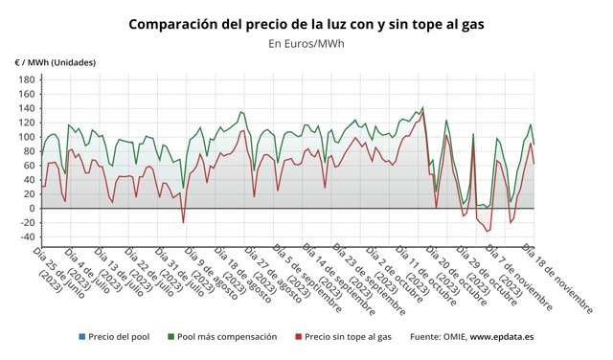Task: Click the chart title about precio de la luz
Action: pyautogui.click(x=306, y=23)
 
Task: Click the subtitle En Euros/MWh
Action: pyautogui.click(x=306, y=43)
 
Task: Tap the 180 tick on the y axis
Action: pyautogui.click(x=27, y=79)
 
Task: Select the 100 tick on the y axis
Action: pyautogui.click(x=27, y=137)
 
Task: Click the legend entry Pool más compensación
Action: pyautogui.click(x=227, y=337)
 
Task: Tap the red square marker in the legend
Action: pyautogui.click(x=299, y=337)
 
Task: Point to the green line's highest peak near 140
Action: pyautogui.click(x=422, y=108)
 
